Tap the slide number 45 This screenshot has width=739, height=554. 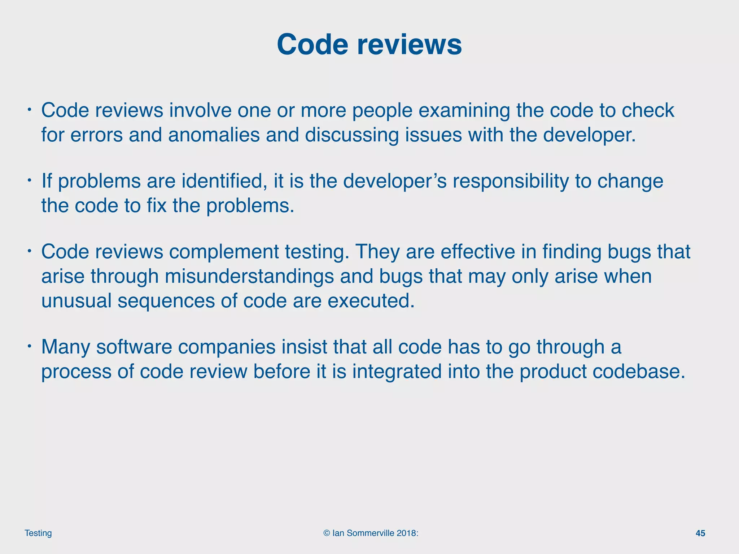(x=700, y=533)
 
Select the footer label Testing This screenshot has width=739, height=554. (x=38, y=533)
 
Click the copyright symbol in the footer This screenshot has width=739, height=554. (x=327, y=533)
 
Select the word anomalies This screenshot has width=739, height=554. (x=214, y=135)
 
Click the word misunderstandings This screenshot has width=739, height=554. (x=249, y=276)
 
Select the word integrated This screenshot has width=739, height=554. (x=397, y=371)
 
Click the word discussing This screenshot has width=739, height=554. (x=352, y=135)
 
